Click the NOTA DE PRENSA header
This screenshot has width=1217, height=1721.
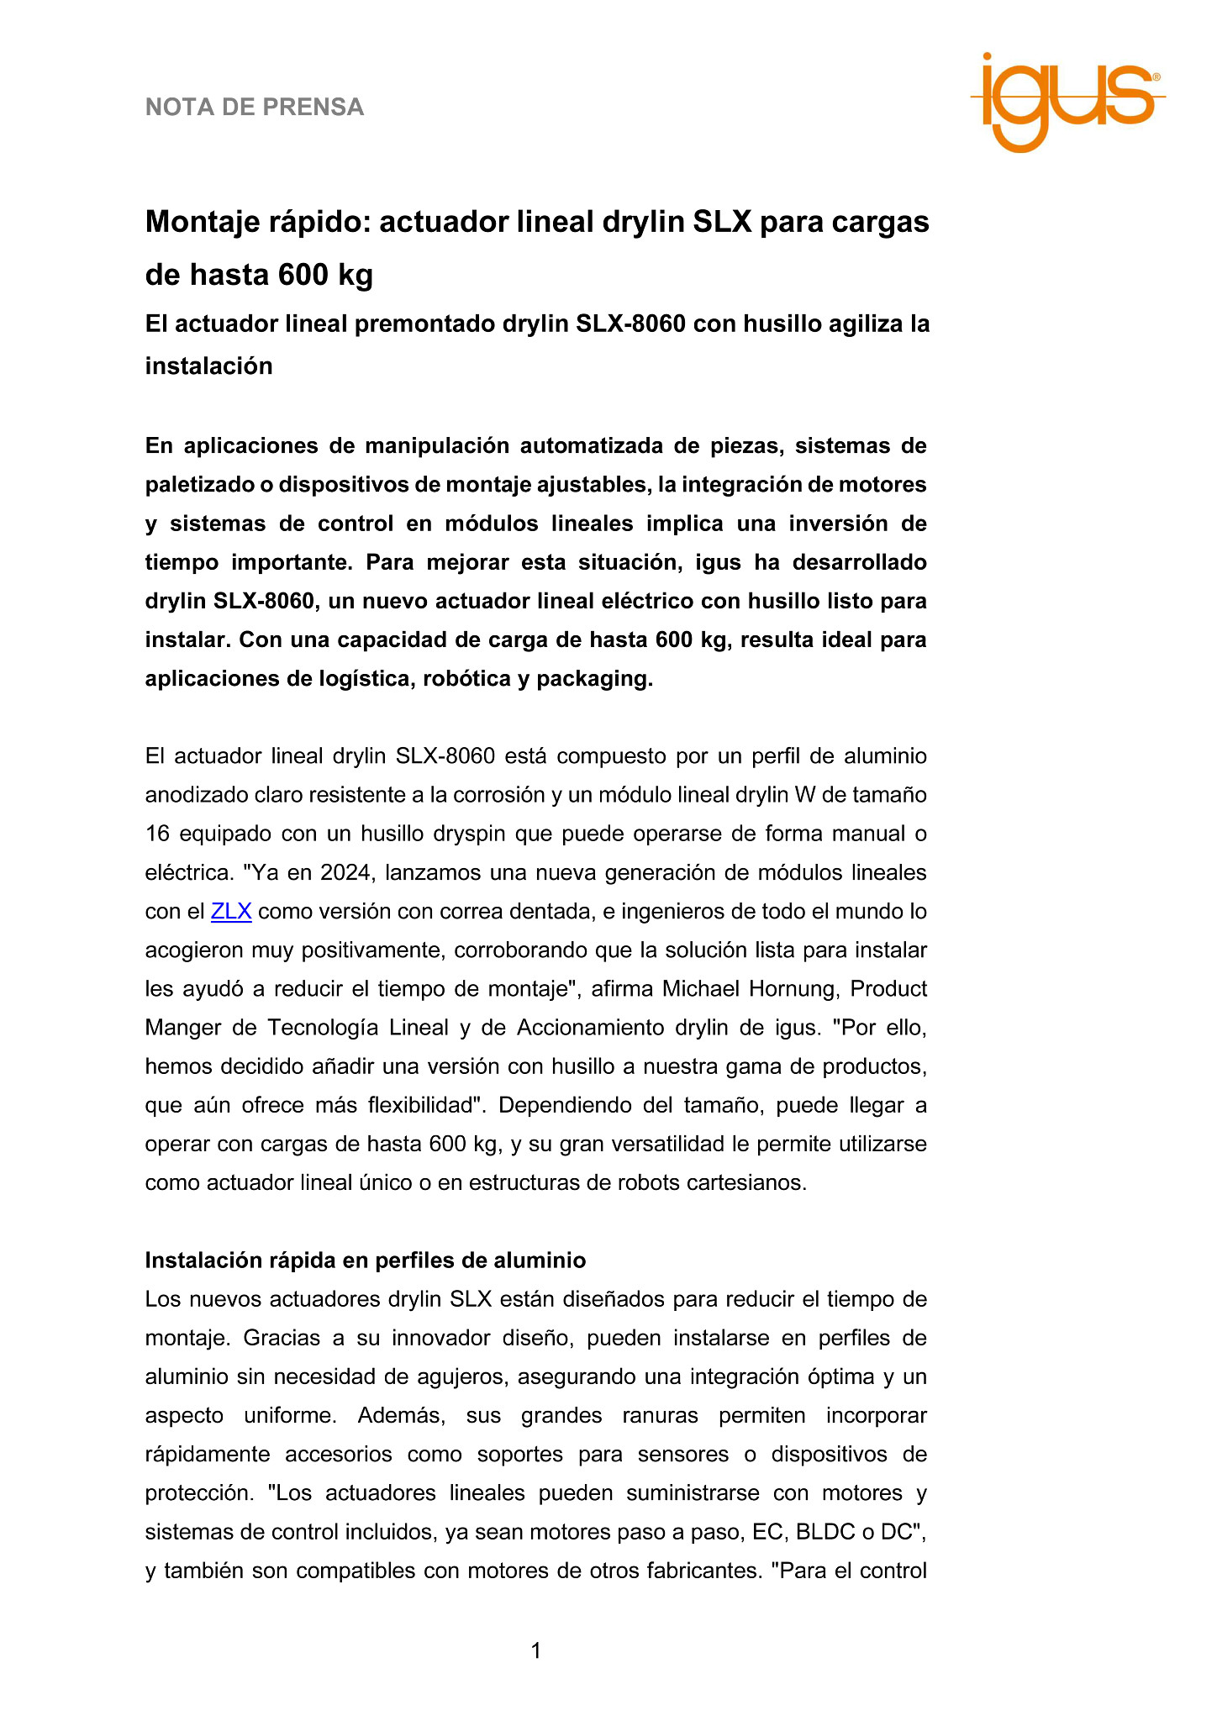click(255, 108)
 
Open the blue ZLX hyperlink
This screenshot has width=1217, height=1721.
click(231, 911)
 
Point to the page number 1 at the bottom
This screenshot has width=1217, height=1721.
click(536, 1651)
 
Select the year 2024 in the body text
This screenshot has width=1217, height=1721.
click(345, 872)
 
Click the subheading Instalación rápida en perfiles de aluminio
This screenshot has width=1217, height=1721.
click(366, 1260)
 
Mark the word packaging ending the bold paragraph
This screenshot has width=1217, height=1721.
click(593, 679)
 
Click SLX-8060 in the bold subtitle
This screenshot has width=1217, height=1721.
click(630, 324)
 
